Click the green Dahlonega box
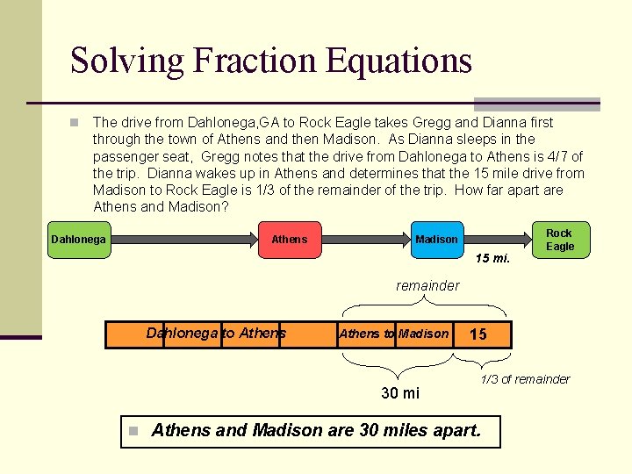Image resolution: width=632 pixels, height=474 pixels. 78,240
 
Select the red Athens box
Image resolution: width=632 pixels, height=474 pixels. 289,240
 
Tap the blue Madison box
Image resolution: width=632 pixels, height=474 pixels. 436,240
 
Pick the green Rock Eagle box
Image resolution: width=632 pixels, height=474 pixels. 559,240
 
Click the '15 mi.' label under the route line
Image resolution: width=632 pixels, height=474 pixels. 492,259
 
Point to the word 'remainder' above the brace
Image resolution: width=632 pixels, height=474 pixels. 427,285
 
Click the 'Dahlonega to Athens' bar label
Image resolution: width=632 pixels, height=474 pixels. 216,333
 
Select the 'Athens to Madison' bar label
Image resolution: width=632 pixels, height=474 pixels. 393,334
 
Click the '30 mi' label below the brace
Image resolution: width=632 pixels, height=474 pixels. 400,392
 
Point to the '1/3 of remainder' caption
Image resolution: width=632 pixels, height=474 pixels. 525,379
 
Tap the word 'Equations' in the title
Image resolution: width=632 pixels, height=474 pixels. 399,61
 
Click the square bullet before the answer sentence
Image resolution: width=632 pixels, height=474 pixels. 133,431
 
